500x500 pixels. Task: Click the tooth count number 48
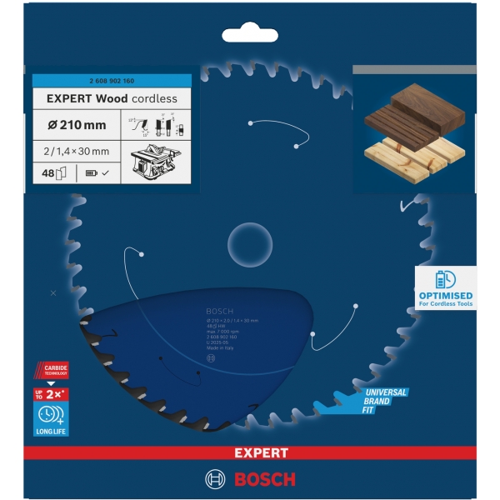click(49, 172)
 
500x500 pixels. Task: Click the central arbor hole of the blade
click(250, 243)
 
